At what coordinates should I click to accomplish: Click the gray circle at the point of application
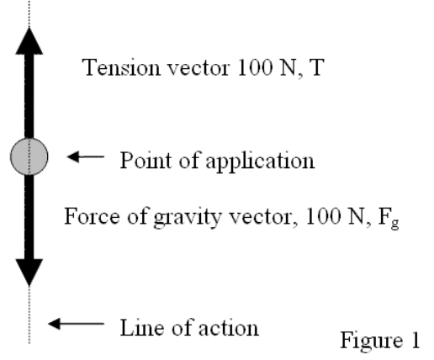29,156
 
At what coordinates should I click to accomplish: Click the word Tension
121,67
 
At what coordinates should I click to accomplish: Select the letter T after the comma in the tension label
316,67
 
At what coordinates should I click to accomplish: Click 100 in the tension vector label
255,67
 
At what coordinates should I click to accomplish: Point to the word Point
146,160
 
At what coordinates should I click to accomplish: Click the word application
260,161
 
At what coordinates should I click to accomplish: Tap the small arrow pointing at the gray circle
86,156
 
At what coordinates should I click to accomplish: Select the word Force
92,216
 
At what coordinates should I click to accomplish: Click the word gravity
188,217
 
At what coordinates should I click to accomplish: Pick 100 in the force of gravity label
323,216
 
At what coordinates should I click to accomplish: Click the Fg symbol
389,218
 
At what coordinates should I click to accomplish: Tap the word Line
142,327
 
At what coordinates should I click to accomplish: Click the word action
229,327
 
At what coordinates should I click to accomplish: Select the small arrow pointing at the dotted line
76,324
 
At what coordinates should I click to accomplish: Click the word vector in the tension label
198,69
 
